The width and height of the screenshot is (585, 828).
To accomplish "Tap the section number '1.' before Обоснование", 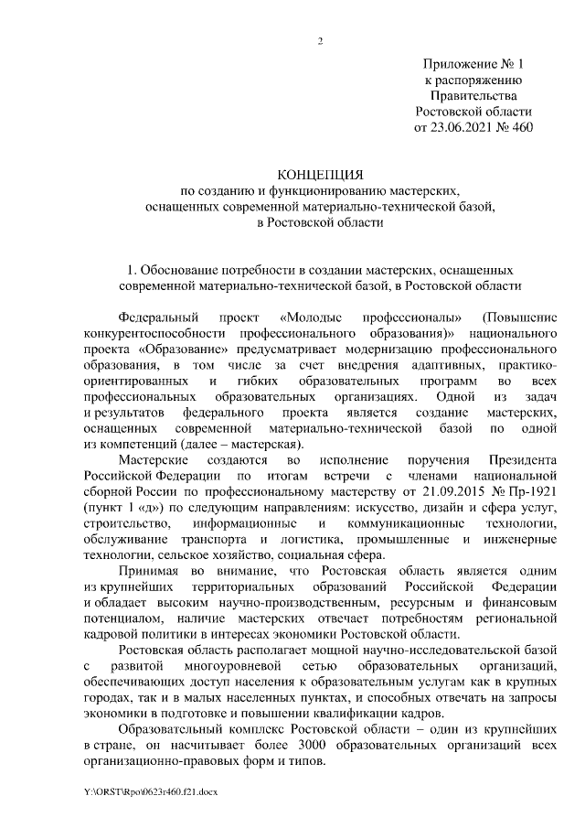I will [132, 271].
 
